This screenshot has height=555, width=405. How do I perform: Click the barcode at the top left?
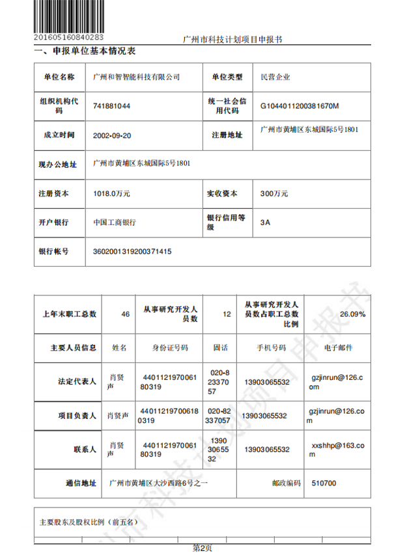pos(68,17)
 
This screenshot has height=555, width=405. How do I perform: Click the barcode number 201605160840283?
pos(68,37)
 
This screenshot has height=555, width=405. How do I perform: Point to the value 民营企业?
pos(275,77)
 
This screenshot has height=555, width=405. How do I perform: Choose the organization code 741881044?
pos(111,105)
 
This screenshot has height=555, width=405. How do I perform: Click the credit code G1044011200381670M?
pos(300,105)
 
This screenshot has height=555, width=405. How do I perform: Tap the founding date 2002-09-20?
pos(113,135)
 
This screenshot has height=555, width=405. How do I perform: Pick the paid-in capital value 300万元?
pos(273,193)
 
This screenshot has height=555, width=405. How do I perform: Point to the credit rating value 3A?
pos(265,222)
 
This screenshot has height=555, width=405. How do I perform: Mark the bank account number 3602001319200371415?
pos(133,250)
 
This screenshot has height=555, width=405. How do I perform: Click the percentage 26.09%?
pos(352,314)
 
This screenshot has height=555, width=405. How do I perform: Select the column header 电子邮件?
pos(338,347)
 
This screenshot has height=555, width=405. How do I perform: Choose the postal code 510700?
pos(324,483)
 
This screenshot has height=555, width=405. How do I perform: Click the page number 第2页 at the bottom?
pos(202,548)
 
